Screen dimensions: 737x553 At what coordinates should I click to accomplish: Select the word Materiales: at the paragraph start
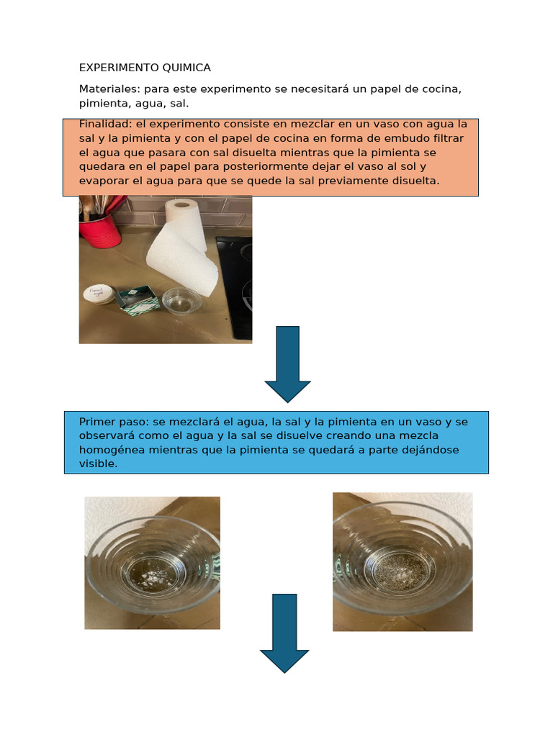point(109,89)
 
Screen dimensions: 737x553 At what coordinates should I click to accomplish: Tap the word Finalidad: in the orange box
point(106,124)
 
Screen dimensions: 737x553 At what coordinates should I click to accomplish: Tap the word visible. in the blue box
point(98,464)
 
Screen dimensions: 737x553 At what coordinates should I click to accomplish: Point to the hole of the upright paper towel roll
point(182,204)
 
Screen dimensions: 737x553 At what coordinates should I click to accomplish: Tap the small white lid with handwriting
point(97,293)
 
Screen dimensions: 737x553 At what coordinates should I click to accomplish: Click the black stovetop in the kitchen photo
point(236,288)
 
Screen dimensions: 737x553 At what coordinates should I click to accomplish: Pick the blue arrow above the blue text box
point(287,363)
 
